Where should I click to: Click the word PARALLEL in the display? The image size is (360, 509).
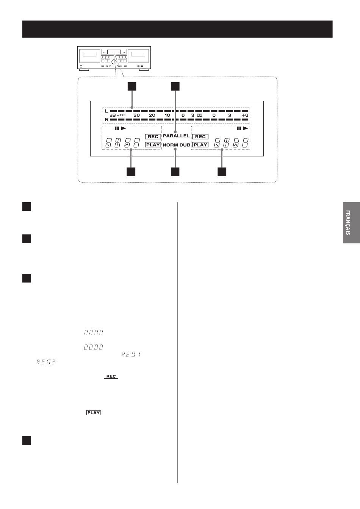(176, 136)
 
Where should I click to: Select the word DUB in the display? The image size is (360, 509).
(185, 145)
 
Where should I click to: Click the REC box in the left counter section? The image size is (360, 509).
(153, 137)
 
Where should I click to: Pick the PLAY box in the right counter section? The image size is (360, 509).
(200, 145)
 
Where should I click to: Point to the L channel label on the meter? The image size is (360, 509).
(106, 111)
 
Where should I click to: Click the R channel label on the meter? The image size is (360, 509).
(106, 120)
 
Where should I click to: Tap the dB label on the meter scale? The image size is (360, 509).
(113, 116)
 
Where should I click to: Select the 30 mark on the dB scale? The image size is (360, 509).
(136, 115)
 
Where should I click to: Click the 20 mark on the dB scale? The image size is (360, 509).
(152, 115)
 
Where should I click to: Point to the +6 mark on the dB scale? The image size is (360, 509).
(245, 115)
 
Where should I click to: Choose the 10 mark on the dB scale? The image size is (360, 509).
(167, 115)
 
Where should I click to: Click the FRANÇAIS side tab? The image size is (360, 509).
(351, 223)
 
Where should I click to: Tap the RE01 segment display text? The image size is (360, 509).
(131, 354)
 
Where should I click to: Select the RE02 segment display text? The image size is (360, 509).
(46, 362)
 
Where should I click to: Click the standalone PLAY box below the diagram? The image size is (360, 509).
(94, 412)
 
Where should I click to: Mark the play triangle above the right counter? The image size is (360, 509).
(246, 128)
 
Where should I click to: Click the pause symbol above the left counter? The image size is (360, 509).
(117, 128)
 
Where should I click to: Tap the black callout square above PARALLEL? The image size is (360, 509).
(175, 86)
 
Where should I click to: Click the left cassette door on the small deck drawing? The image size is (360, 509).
(89, 55)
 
